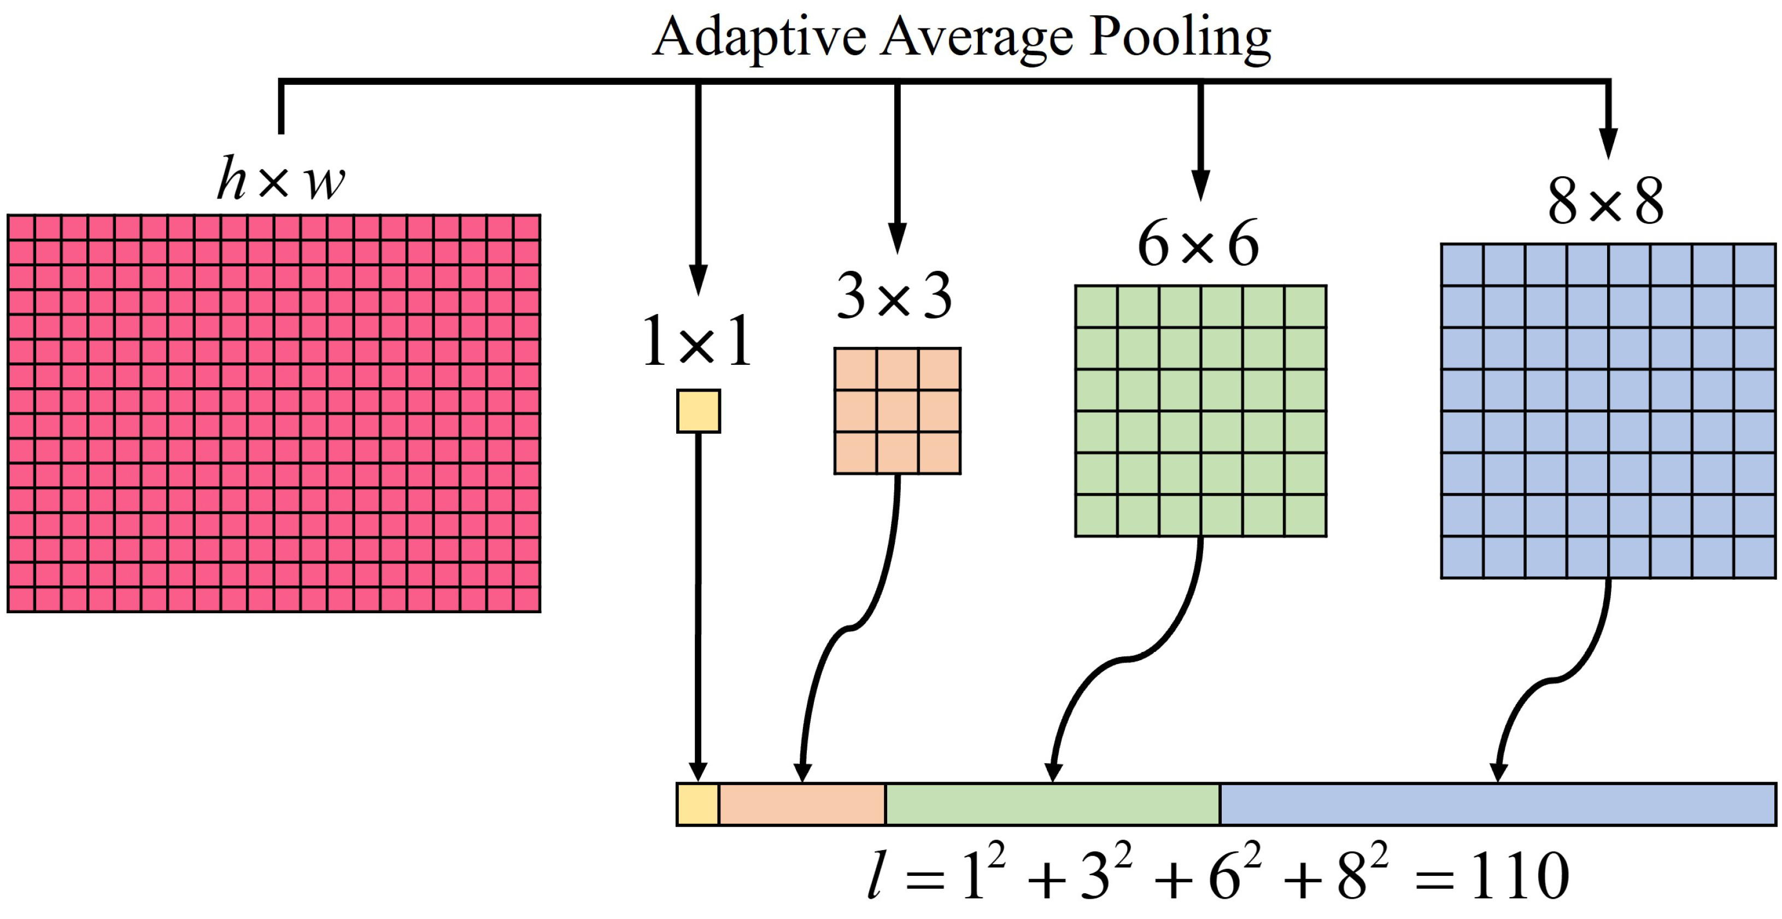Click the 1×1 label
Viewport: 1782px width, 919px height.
click(696, 342)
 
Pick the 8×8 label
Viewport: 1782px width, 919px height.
click(1605, 202)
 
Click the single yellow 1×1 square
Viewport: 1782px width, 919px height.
click(698, 411)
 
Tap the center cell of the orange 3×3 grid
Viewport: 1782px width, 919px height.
click(897, 411)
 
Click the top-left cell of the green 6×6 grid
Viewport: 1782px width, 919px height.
click(1097, 306)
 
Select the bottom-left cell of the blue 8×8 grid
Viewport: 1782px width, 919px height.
click(1462, 557)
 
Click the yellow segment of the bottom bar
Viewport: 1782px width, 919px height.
click(698, 804)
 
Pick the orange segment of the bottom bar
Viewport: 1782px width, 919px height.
click(802, 804)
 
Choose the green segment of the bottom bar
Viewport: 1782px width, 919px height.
click(1052, 804)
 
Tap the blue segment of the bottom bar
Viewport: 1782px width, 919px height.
click(1498, 804)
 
